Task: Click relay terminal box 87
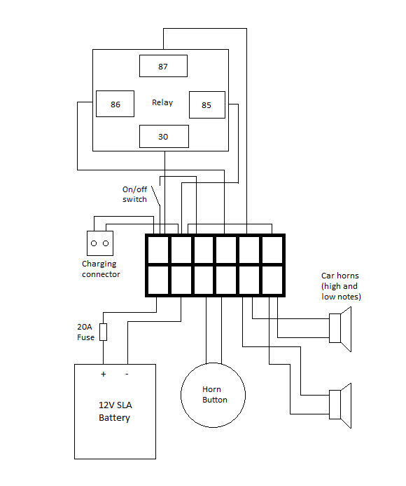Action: coord(163,66)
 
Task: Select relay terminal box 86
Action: coord(115,104)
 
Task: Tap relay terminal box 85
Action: coord(207,104)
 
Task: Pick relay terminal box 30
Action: coord(164,136)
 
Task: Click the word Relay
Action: coord(162,102)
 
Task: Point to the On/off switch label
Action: coord(134,194)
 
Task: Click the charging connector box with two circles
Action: coord(100,243)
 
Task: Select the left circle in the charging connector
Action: coord(94,243)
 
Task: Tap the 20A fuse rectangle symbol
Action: coord(104,332)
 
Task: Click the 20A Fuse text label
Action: coord(85,332)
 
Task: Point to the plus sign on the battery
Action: coord(104,374)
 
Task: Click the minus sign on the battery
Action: coord(127,374)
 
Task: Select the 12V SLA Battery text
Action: coord(115,412)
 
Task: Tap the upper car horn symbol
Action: coord(340,329)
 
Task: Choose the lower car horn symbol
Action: coord(340,405)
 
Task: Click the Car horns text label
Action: coord(341,286)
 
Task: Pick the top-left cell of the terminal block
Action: coord(158,250)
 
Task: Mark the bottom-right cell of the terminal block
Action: coord(272,280)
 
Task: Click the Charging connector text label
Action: coord(101,269)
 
